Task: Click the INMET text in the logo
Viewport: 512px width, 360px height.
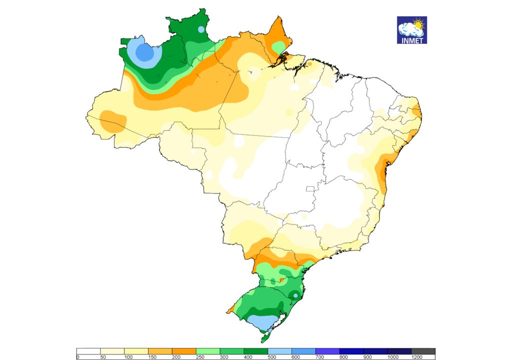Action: [412, 40]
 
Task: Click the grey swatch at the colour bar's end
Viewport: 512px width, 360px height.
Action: [423, 351]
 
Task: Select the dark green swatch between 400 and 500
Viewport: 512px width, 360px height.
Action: [255, 351]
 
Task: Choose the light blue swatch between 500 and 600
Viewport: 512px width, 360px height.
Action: [279, 351]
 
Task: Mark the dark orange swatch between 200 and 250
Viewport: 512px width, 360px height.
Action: [183, 351]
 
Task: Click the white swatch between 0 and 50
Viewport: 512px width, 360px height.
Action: [88, 351]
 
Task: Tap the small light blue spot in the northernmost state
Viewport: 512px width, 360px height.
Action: [201, 29]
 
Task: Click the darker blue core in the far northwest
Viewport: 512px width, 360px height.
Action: [144, 52]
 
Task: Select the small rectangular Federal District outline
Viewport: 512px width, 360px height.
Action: [310, 189]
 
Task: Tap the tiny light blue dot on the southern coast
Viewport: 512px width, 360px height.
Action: [295, 296]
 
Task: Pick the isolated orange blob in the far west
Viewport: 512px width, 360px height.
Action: [113, 121]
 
